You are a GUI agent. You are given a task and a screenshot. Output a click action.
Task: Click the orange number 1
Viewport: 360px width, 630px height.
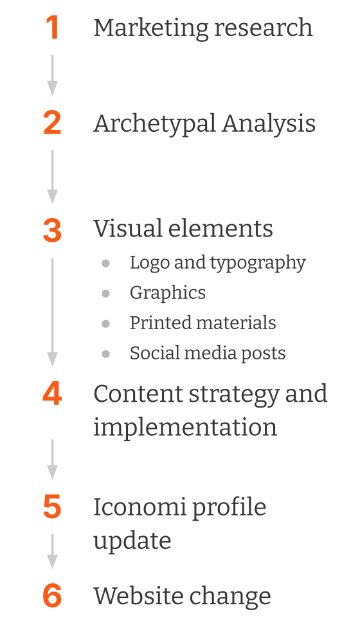(x=53, y=28)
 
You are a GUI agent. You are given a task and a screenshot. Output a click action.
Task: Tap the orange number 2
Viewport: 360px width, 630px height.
(x=52, y=123)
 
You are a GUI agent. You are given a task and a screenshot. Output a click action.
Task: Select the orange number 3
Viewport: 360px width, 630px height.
(x=52, y=231)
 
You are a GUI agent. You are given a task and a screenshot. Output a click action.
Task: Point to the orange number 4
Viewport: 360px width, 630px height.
(x=52, y=393)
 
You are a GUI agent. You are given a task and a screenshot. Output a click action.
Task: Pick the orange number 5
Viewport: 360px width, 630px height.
(x=52, y=507)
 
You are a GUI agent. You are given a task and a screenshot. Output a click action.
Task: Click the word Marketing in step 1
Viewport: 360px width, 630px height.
(x=151, y=29)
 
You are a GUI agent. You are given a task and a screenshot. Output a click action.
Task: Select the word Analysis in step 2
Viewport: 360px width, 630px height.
(x=269, y=124)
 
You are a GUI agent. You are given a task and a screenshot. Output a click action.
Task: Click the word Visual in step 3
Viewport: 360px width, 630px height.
(x=128, y=228)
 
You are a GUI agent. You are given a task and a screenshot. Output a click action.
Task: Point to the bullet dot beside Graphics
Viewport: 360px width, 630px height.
(x=105, y=294)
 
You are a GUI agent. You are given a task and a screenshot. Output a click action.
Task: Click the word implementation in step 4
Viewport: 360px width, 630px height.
(x=185, y=427)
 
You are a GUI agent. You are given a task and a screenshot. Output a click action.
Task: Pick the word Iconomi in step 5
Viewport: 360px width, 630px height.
(x=139, y=507)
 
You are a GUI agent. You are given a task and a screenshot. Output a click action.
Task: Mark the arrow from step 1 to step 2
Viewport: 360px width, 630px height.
(x=52, y=76)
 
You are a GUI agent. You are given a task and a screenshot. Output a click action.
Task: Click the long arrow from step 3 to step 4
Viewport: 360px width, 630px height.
(x=52, y=312)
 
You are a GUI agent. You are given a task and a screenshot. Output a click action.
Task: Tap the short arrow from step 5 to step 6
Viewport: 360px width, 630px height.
(x=52, y=552)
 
